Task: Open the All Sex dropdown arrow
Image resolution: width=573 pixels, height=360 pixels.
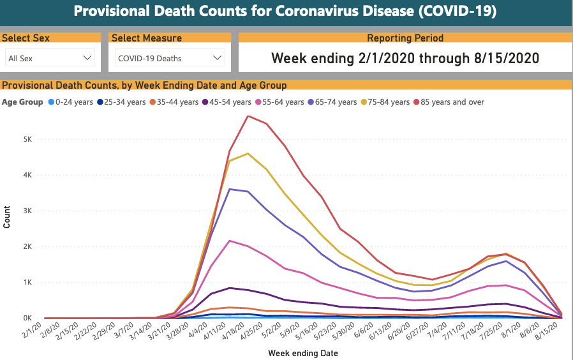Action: point(87,58)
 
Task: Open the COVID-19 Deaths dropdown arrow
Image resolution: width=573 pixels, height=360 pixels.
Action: point(218,58)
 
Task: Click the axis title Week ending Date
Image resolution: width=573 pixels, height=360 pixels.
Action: point(303,353)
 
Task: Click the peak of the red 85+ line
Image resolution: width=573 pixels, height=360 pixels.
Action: point(248,116)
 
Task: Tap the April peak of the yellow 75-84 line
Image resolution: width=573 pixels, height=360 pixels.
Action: point(248,153)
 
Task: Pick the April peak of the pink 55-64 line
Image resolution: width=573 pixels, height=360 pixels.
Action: point(230,241)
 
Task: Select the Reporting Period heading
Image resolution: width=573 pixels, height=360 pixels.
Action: point(405,38)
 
